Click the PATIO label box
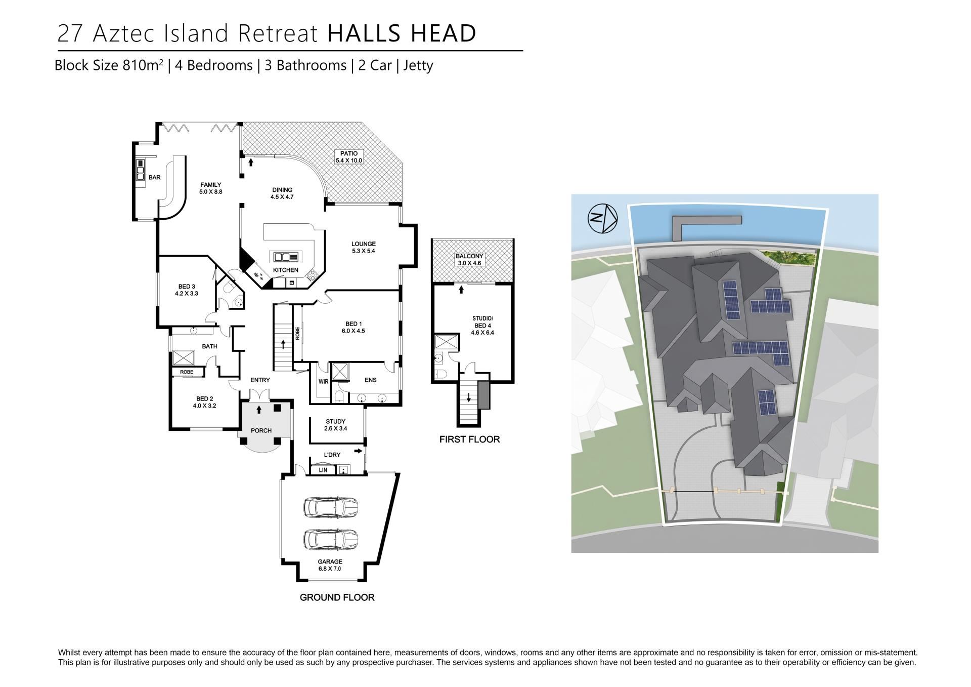[349, 157]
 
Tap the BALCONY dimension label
[470, 260]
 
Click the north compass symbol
[602, 218]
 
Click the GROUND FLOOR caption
[337, 597]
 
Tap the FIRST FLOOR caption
[470, 439]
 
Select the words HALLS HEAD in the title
[402, 33]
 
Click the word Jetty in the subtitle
[418, 66]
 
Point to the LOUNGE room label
[364, 248]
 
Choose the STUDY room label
[336, 425]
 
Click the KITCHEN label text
[286, 270]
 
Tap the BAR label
[155, 177]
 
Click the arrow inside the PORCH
[259, 410]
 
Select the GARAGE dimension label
[330, 565]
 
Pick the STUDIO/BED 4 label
[482, 326]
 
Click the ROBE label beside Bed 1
[298, 333]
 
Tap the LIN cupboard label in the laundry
[323, 470]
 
